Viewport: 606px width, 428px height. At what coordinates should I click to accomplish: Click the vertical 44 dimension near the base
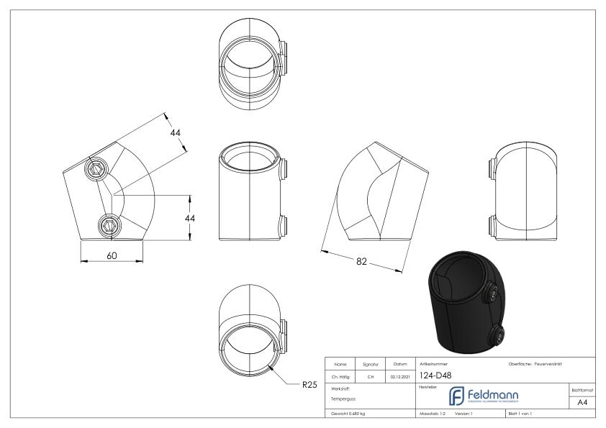tap(192, 217)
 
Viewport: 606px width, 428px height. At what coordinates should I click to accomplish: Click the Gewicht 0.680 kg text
tap(347, 413)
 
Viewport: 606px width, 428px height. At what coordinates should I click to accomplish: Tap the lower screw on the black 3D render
tap(498, 332)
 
